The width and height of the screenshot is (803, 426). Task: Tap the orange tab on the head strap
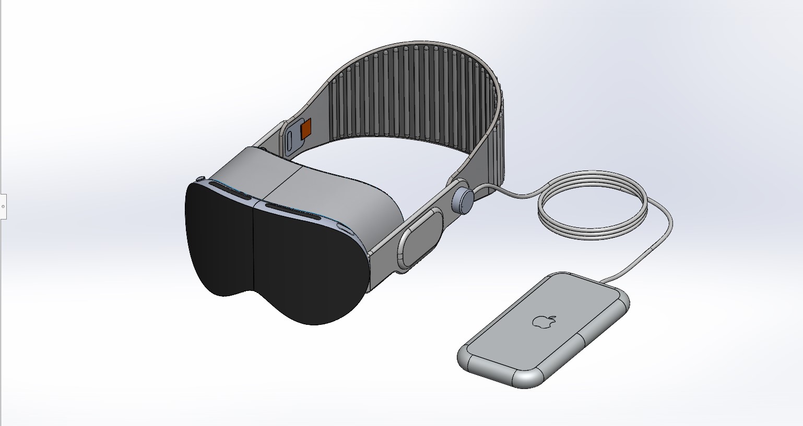pos(306,128)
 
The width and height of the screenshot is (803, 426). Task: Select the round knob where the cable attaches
pos(463,200)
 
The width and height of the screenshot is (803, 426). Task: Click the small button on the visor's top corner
pos(200,179)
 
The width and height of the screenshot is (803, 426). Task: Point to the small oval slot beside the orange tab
pos(289,141)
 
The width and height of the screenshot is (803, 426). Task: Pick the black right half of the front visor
pos(308,266)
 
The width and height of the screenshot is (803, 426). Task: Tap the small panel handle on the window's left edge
pos(3,206)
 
